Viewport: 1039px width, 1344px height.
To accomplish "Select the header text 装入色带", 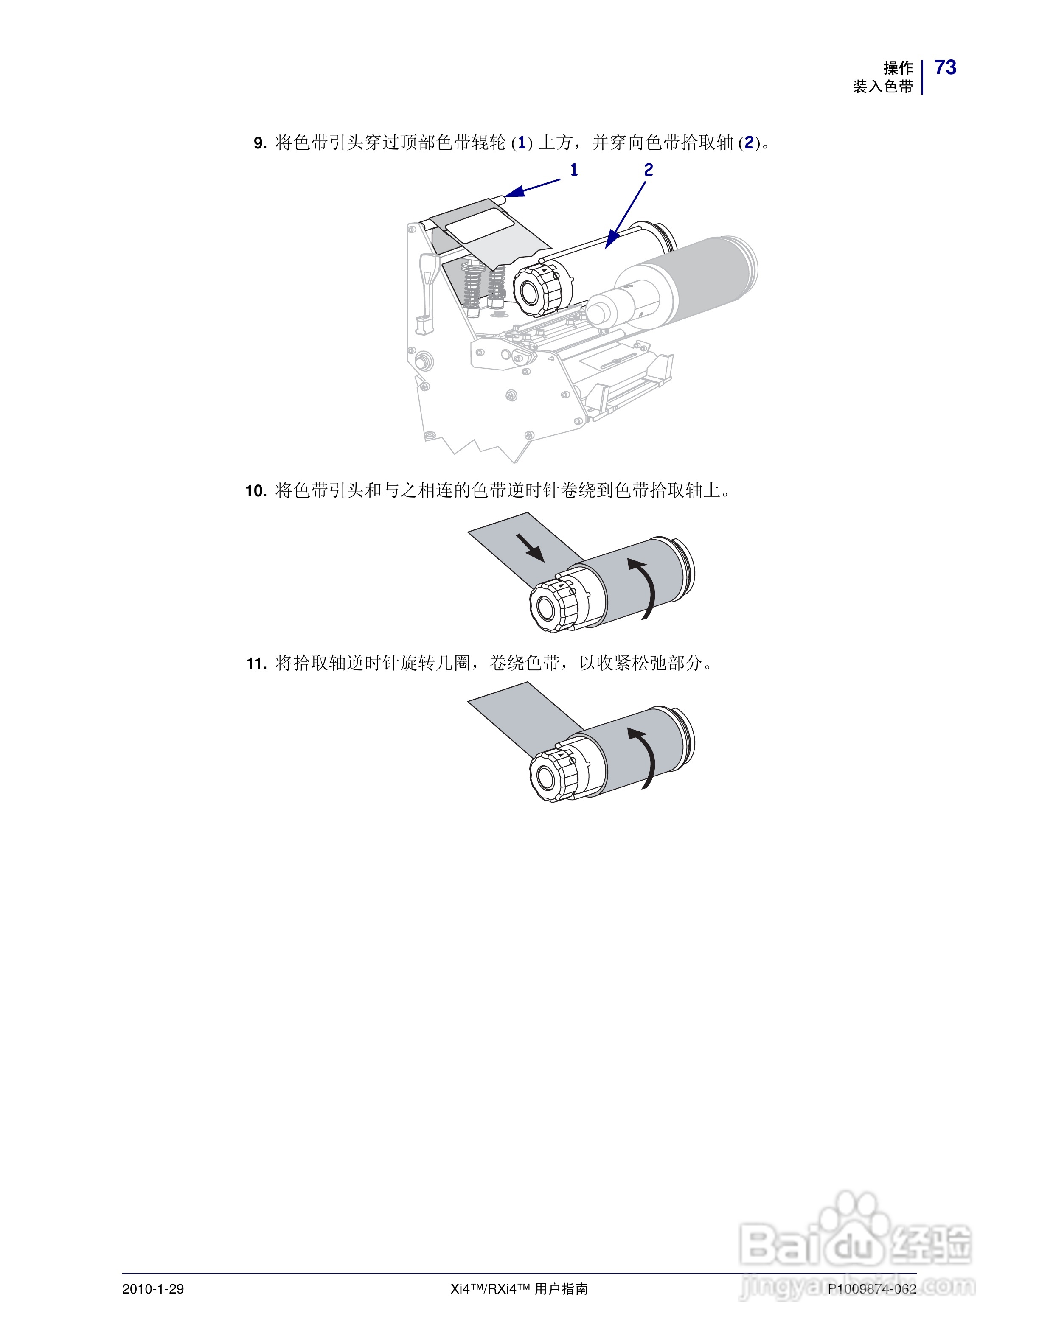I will (x=883, y=87).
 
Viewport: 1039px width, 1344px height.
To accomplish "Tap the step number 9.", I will (x=260, y=143).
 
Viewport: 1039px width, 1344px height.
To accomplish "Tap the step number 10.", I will (x=255, y=491).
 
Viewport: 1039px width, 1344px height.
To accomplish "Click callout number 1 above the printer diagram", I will (x=574, y=170).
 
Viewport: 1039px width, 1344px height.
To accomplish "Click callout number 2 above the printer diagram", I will (x=648, y=170).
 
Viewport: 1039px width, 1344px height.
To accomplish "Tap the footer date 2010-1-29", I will (x=153, y=1288).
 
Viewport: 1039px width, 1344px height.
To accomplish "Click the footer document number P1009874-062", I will (x=872, y=1288).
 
